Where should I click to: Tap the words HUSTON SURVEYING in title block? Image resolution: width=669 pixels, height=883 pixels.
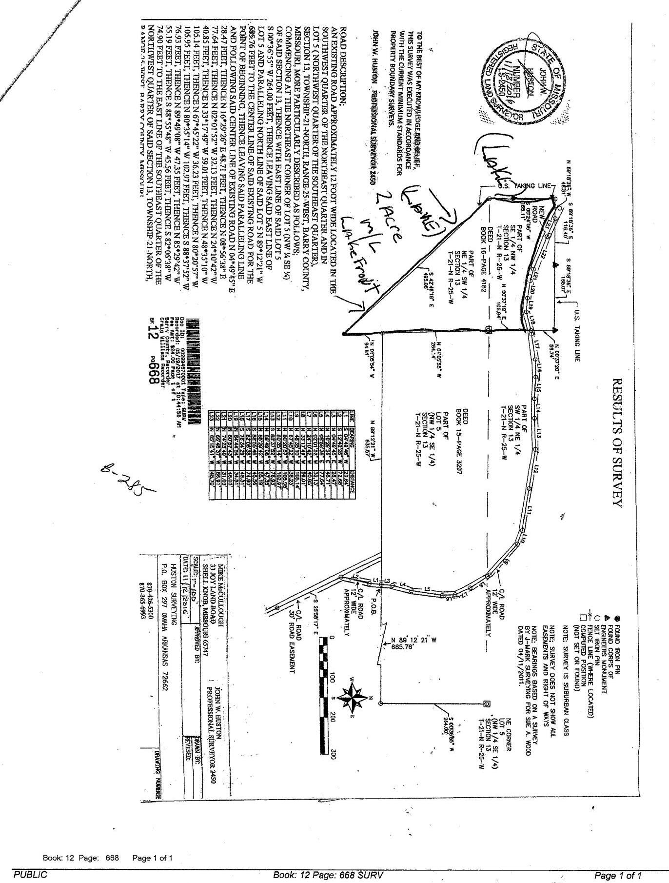173,595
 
